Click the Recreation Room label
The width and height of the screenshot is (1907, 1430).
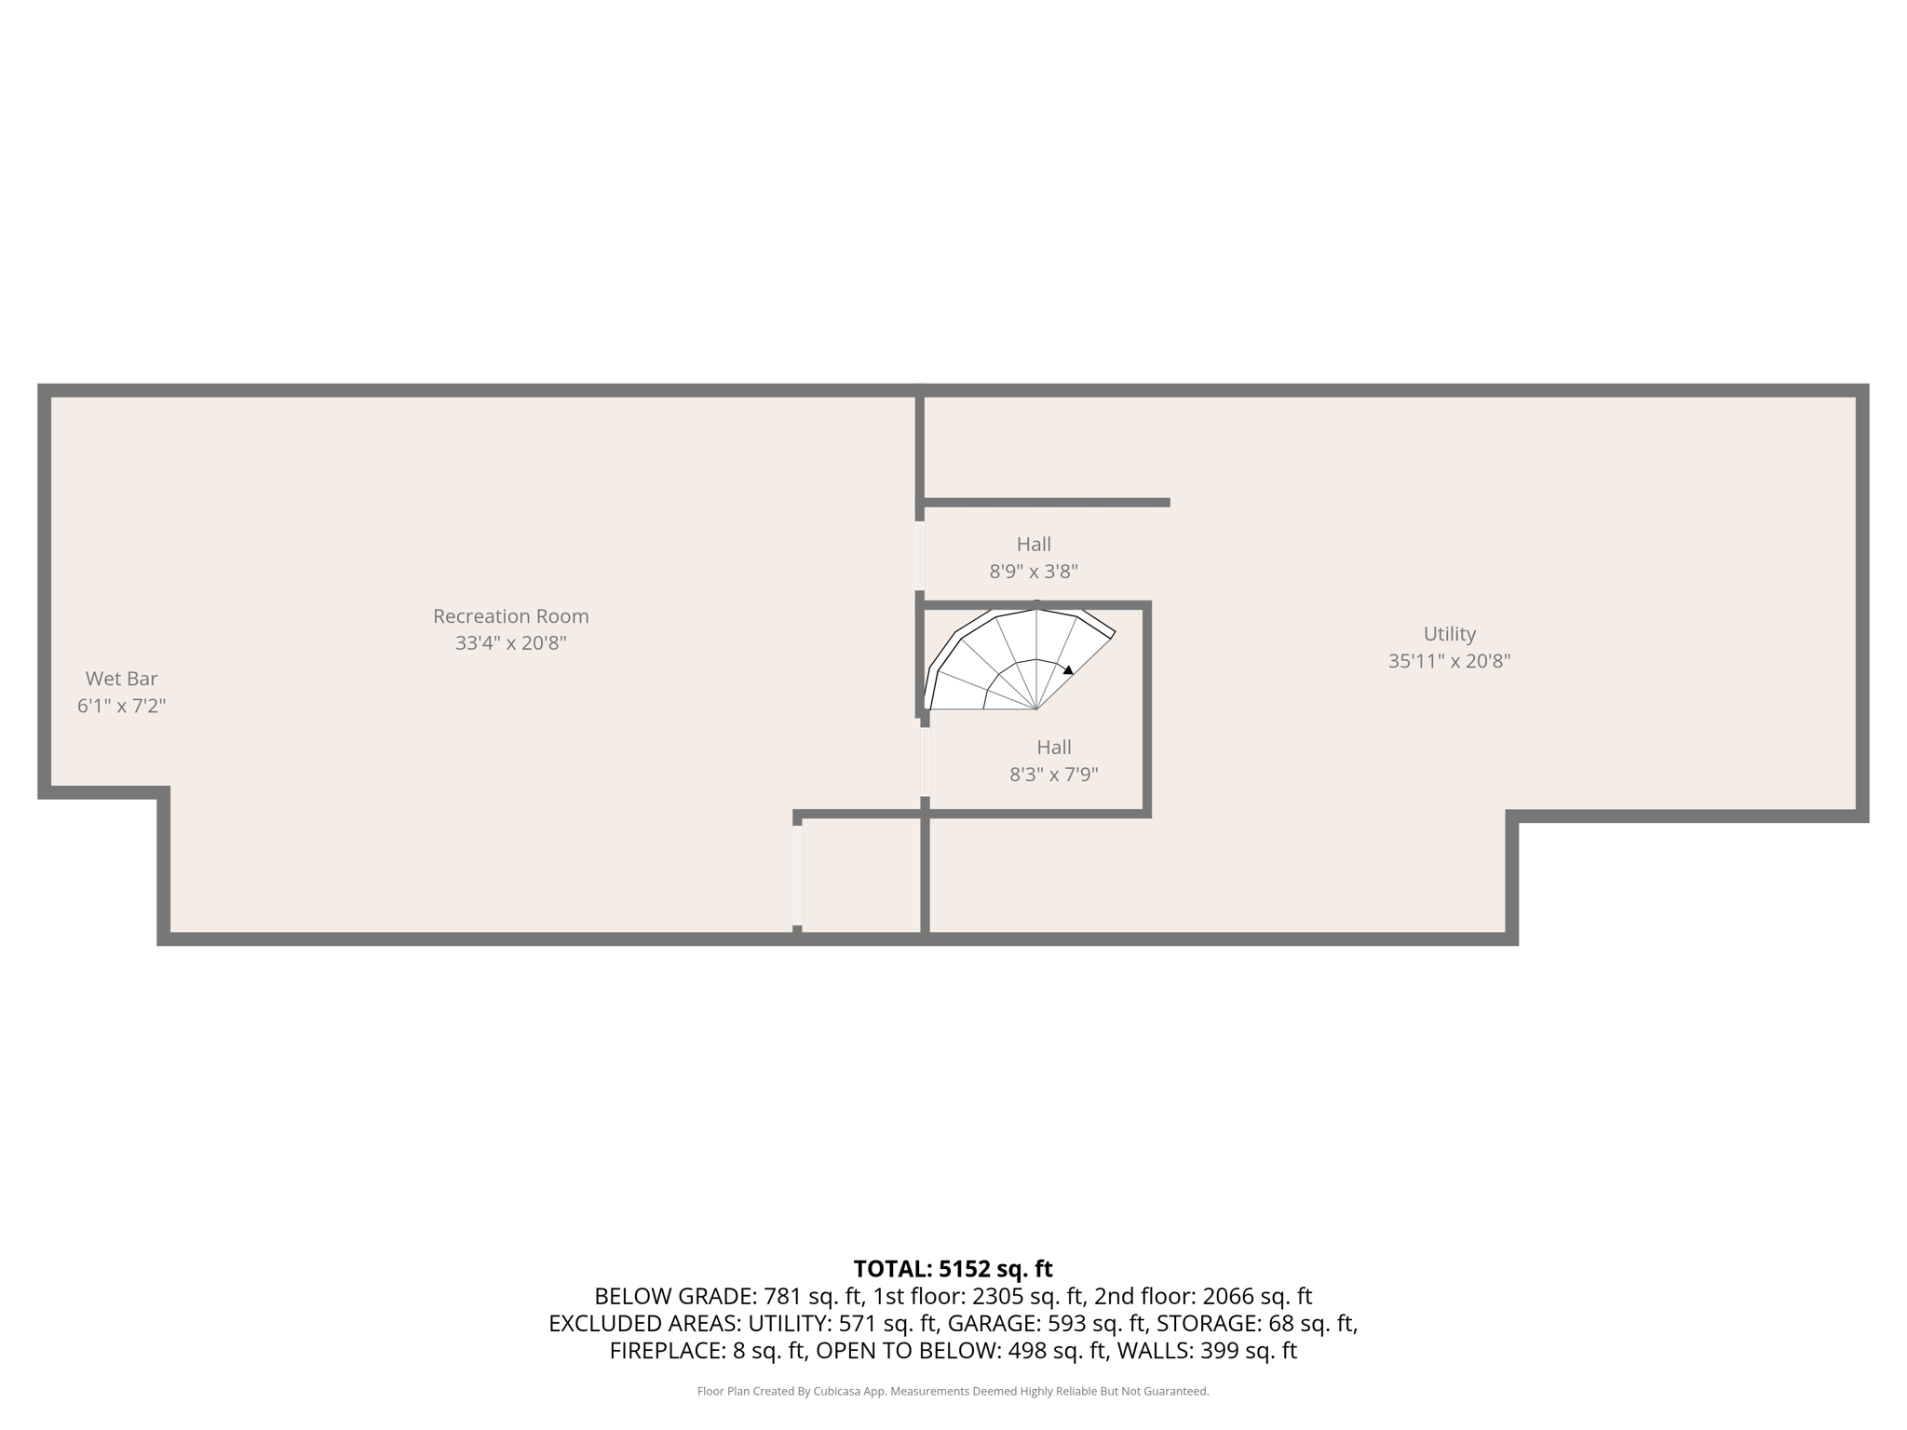(x=510, y=616)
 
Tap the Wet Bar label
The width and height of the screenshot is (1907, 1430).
(x=121, y=679)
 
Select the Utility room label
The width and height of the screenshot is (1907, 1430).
(x=1449, y=634)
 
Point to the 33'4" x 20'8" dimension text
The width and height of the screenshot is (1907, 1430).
(x=510, y=643)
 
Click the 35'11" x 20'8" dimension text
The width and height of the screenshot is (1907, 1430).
(x=1449, y=661)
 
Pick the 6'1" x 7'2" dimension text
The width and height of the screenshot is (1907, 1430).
(x=121, y=706)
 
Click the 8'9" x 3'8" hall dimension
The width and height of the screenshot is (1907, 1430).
(x=1034, y=572)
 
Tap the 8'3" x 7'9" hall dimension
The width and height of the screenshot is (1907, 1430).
(x=1054, y=775)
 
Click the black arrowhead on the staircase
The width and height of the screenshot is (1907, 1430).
(x=1068, y=669)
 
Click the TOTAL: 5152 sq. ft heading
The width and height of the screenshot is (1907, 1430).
(x=953, y=1269)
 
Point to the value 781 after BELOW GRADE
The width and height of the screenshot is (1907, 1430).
(x=782, y=1296)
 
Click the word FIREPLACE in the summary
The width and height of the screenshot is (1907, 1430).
(x=662, y=1351)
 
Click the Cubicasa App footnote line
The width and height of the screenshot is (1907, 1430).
(x=953, y=1392)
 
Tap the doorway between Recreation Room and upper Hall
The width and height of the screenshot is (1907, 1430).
(x=920, y=556)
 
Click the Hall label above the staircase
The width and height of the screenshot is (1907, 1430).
(x=1034, y=545)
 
